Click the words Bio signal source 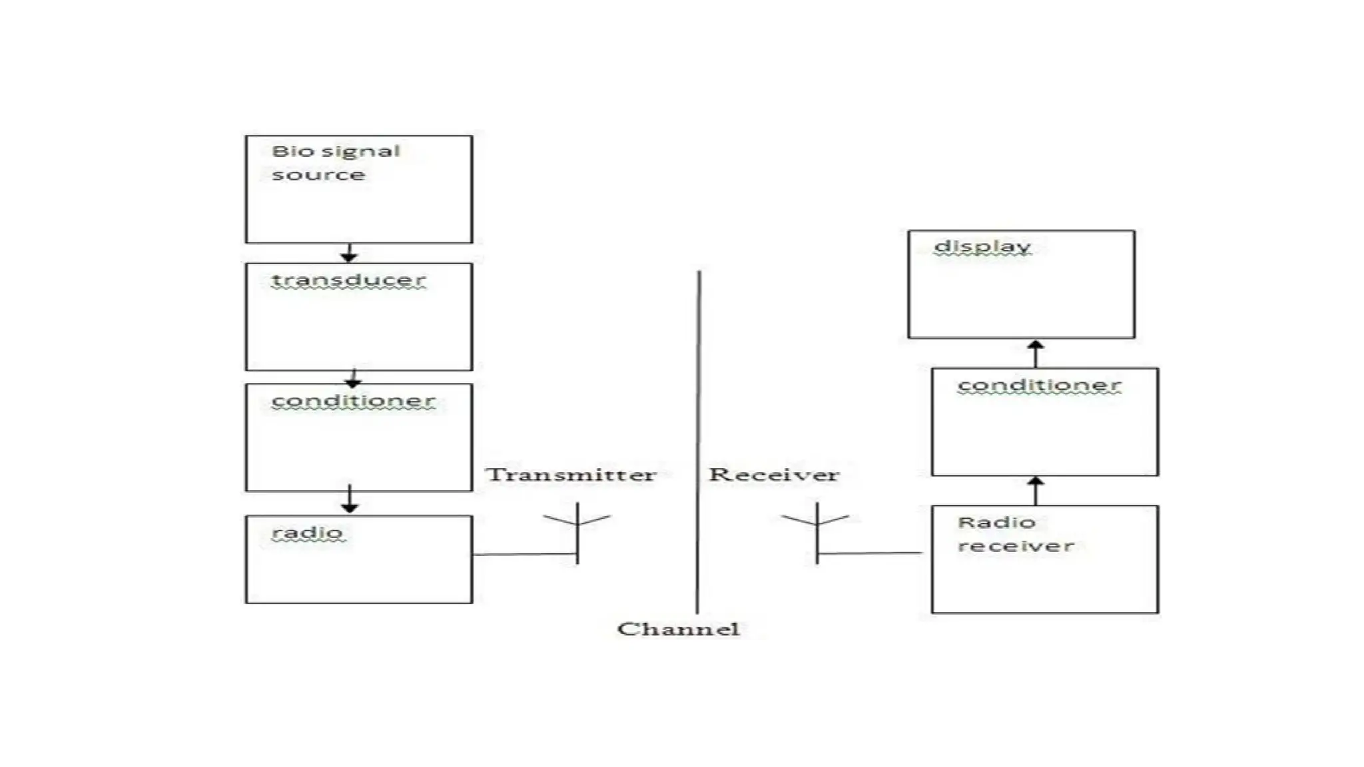point(335,162)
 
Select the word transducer point(348,280)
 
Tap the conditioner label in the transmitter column point(353,401)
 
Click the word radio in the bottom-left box point(307,533)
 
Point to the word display point(982,246)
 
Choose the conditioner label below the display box point(1039,385)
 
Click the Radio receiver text point(1015,534)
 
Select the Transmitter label point(571,475)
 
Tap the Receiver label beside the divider point(773,475)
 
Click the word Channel point(678,629)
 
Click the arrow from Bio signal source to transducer point(349,253)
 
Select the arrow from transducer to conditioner point(353,378)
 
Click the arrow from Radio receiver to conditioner point(1036,490)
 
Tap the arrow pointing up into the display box point(1036,353)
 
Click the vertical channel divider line point(698,439)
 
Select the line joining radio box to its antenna point(524,554)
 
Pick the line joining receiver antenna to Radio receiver point(870,553)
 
